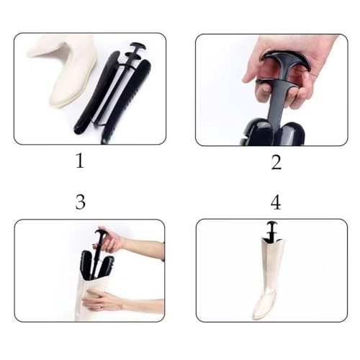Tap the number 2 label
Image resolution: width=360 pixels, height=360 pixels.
tap(276, 163)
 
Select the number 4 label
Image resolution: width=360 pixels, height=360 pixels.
tap(276, 204)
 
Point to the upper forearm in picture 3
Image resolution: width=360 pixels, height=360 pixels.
tap(144, 248)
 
